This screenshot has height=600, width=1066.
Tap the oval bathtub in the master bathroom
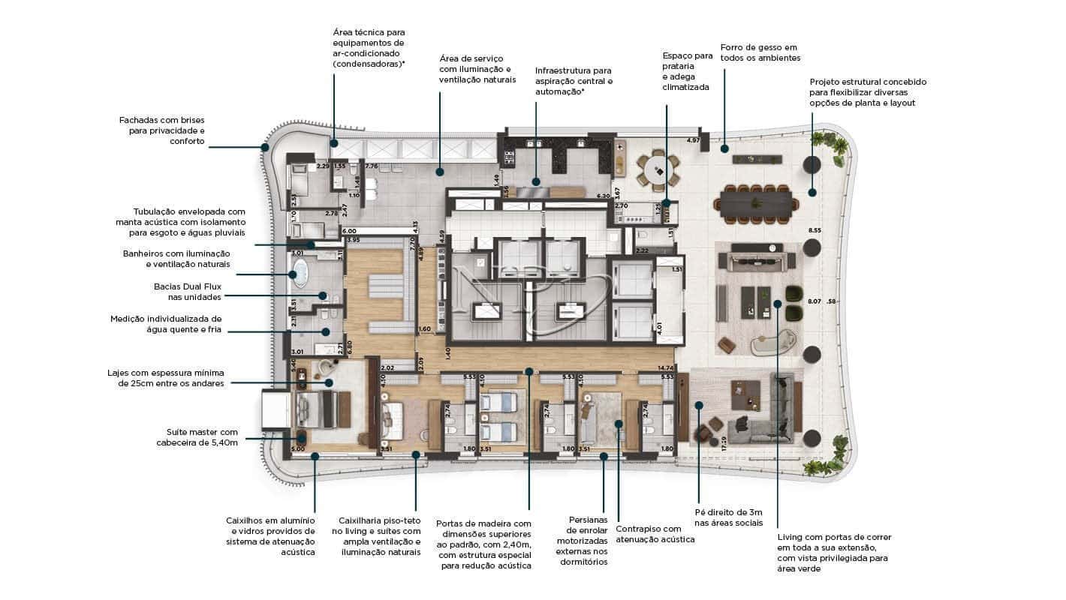coord(300,273)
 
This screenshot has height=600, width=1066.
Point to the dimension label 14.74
coord(664,367)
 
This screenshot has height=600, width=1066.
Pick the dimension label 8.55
coord(815,230)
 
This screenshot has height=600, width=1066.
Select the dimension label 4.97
coord(693,140)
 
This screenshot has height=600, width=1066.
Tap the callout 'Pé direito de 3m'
coord(727,517)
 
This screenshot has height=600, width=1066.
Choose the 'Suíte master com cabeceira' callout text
coord(201,437)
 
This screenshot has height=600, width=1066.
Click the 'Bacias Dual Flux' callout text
coord(188,292)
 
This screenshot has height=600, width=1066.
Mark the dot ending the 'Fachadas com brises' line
coord(265,148)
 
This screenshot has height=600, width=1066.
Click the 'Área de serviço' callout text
coord(477,69)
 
